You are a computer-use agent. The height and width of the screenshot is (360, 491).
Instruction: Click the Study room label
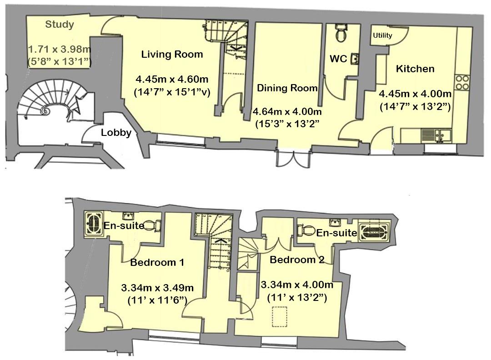click(60, 25)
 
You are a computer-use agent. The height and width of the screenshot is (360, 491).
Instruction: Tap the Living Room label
click(172, 55)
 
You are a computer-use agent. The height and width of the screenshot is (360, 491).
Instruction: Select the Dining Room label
click(287, 88)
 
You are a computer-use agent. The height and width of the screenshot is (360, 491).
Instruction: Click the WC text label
click(338, 59)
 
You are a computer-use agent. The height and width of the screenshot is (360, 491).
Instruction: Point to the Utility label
click(382, 35)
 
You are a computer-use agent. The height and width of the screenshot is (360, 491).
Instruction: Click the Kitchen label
click(415, 69)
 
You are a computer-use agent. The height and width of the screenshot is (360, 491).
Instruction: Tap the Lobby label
click(116, 133)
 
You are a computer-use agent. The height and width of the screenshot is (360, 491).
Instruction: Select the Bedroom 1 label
click(157, 262)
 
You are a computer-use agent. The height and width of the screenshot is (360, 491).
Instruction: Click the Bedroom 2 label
click(297, 260)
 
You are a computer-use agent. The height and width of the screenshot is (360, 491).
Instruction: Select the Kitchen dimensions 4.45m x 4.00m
click(415, 94)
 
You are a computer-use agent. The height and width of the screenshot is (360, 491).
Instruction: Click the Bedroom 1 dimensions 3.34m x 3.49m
click(157, 288)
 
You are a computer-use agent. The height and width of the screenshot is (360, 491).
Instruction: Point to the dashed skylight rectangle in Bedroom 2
click(279, 317)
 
